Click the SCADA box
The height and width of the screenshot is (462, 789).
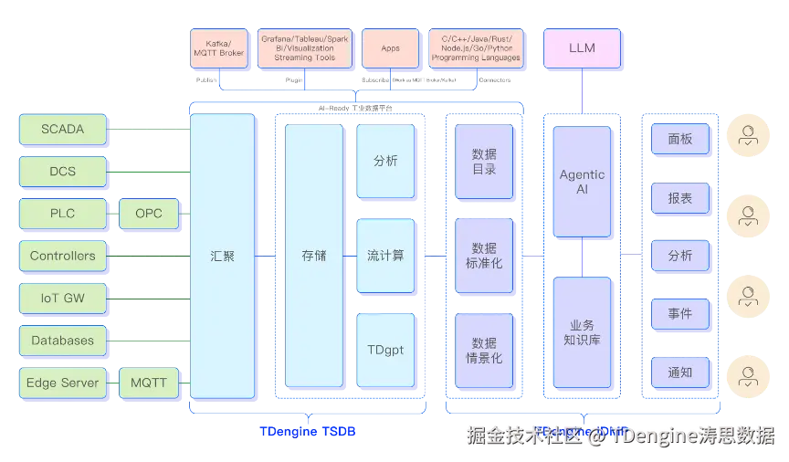62,130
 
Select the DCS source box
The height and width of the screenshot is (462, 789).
62,172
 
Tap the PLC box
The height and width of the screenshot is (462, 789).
62,214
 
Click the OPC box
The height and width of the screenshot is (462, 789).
149,214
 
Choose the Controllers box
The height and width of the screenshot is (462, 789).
62,257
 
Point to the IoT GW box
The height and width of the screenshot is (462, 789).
62,298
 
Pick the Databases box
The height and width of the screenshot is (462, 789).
62,341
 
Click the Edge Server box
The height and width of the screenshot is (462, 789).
62,383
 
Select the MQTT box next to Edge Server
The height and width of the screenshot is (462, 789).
149,383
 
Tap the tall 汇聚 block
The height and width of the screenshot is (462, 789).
222,257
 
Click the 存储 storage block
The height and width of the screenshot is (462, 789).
313,257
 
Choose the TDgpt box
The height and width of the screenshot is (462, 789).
385,350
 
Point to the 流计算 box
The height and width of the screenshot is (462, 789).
385,256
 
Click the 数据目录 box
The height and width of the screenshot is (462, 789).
484,162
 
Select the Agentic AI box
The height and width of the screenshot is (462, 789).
582,182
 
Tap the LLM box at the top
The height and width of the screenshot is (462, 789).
582,48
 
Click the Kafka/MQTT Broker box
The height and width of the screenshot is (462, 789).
219,48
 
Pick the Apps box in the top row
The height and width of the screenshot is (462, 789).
391,48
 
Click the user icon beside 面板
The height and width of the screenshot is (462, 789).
749,138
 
